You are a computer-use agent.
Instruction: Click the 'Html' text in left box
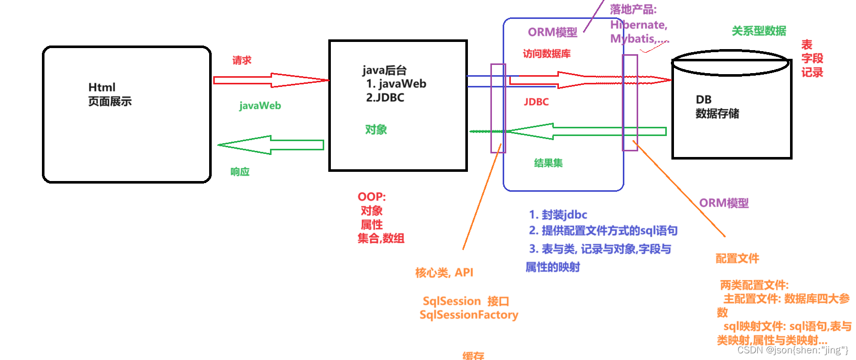tap(102, 87)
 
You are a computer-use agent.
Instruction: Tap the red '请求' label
tap(242, 60)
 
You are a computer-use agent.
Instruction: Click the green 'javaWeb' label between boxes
tap(260, 106)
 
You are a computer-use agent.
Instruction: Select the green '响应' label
tap(240, 172)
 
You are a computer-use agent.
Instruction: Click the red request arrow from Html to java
tap(271, 80)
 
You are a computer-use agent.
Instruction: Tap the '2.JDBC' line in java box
tap(385, 98)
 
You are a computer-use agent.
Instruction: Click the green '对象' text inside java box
tap(376, 130)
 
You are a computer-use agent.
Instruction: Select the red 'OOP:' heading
tap(372, 197)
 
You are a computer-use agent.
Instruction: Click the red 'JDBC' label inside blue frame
tap(536, 102)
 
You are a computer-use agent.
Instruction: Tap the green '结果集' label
tap(548, 163)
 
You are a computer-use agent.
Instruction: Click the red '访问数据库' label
tap(547, 54)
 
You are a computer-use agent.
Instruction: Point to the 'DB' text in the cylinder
tap(704, 100)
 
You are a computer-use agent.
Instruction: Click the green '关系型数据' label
tap(759, 31)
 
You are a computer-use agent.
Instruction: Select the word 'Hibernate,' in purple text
tap(639, 25)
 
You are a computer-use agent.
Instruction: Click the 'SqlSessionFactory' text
tap(469, 315)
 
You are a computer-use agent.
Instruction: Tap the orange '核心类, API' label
tap(444, 273)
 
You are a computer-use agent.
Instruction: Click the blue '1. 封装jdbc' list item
tap(558, 215)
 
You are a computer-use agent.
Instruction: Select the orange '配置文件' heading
tap(737, 259)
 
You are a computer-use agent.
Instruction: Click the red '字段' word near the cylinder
tap(812, 59)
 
